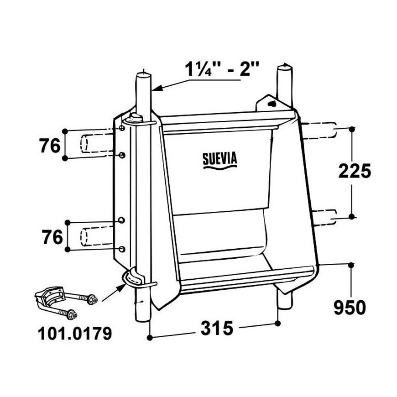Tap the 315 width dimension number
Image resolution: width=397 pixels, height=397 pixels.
click(217, 328)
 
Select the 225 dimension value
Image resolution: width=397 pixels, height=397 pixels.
click(355, 171)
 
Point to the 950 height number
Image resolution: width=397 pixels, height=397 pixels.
click(350, 308)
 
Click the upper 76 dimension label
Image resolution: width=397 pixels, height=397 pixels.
click(50, 146)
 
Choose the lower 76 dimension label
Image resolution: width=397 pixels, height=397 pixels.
click(52, 237)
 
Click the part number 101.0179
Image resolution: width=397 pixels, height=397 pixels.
click(75, 333)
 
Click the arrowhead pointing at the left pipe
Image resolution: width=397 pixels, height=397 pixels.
click(157, 88)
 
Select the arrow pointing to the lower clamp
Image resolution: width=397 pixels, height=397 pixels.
click(114, 293)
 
